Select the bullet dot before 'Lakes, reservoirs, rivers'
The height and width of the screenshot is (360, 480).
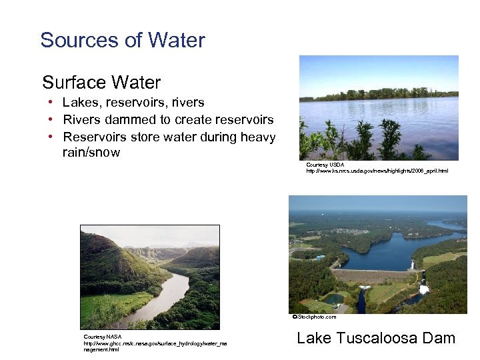coord(50,103)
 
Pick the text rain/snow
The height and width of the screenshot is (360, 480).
coord(91,153)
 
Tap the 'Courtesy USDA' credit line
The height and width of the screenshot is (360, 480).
coord(325,165)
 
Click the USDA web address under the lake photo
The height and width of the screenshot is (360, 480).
coord(377,171)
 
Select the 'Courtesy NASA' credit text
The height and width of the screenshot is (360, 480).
coord(103,337)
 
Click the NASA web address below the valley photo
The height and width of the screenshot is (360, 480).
coord(154,343)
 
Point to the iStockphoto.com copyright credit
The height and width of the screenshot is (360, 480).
coord(314,317)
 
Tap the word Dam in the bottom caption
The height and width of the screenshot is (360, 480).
coord(439,338)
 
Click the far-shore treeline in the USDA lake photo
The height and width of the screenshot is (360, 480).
coord(380,94)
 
